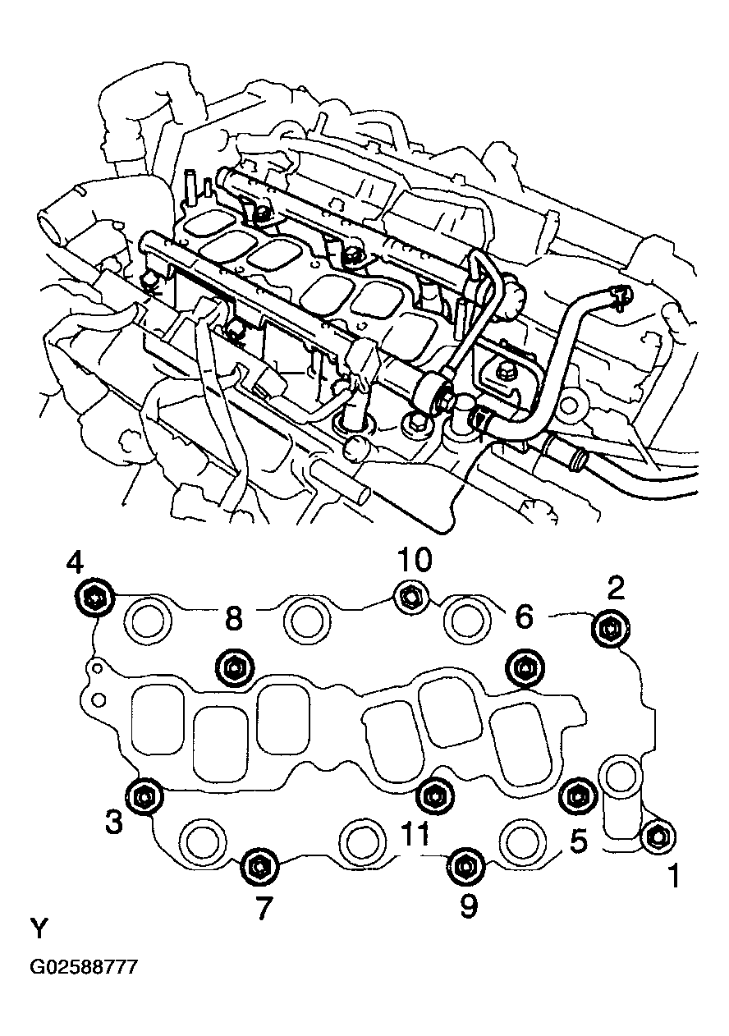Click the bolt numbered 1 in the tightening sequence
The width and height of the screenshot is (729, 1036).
(657, 836)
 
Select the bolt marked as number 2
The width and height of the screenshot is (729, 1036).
(610, 630)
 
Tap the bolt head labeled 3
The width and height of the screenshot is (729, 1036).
(144, 795)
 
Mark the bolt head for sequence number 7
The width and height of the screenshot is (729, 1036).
(259, 864)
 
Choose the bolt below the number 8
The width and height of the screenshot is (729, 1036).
(232, 668)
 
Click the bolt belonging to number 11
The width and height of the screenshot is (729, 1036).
(433, 794)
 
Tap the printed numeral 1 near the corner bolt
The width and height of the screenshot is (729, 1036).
(672, 878)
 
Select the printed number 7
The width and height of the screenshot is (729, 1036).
(262, 907)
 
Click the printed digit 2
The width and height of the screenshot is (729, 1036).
(617, 587)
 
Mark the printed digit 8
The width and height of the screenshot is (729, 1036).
(233, 619)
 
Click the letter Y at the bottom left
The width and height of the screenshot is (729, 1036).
(39, 929)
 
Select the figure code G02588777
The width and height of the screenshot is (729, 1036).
(84, 967)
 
